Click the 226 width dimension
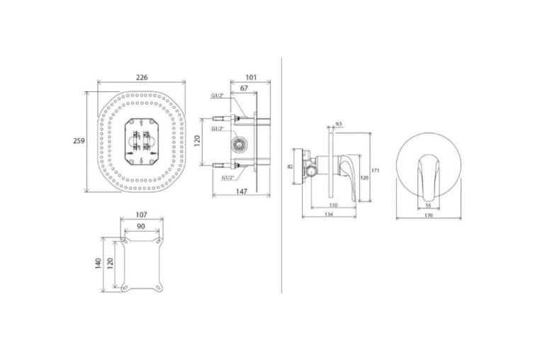[x=142, y=77]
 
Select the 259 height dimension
[x=79, y=140]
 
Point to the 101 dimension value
[x=251, y=77]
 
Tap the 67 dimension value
[x=244, y=88]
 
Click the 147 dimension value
[x=242, y=191]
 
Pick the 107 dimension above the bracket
[x=141, y=215]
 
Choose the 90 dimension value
[x=141, y=226]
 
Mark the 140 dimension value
[x=99, y=264]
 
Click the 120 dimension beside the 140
[x=111, y=263]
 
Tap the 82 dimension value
[x=290, y=167]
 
